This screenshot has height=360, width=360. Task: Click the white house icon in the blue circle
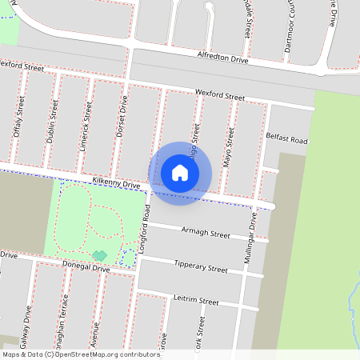180,172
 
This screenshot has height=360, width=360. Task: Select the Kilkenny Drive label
115,183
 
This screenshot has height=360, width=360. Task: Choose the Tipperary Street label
200,266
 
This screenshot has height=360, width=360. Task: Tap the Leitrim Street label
195,300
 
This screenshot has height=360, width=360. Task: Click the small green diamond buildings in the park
99,255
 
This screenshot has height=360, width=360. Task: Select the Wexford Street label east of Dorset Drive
219,96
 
